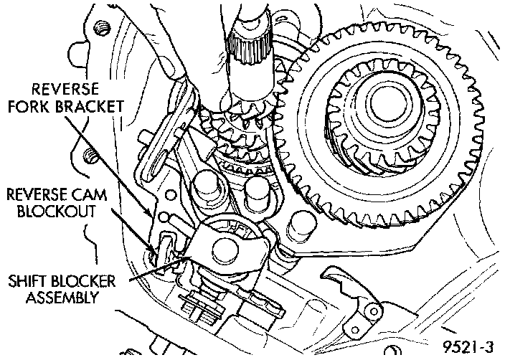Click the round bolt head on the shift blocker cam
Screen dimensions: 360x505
click(x=227, y=248)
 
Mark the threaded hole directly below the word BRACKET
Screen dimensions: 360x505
click(x=90, y=154)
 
